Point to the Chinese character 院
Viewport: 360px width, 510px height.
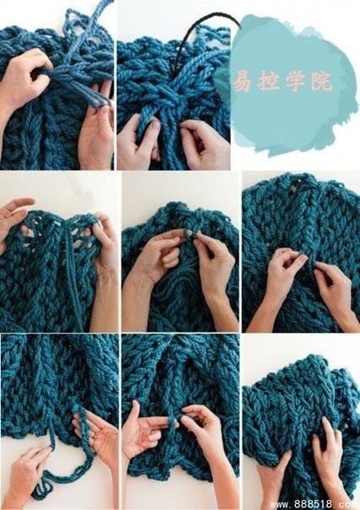(321, 80)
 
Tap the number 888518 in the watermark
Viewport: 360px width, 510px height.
(314, 504)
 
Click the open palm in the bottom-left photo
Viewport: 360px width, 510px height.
(98, 429)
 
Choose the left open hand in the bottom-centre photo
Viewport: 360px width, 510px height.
(146, 432)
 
